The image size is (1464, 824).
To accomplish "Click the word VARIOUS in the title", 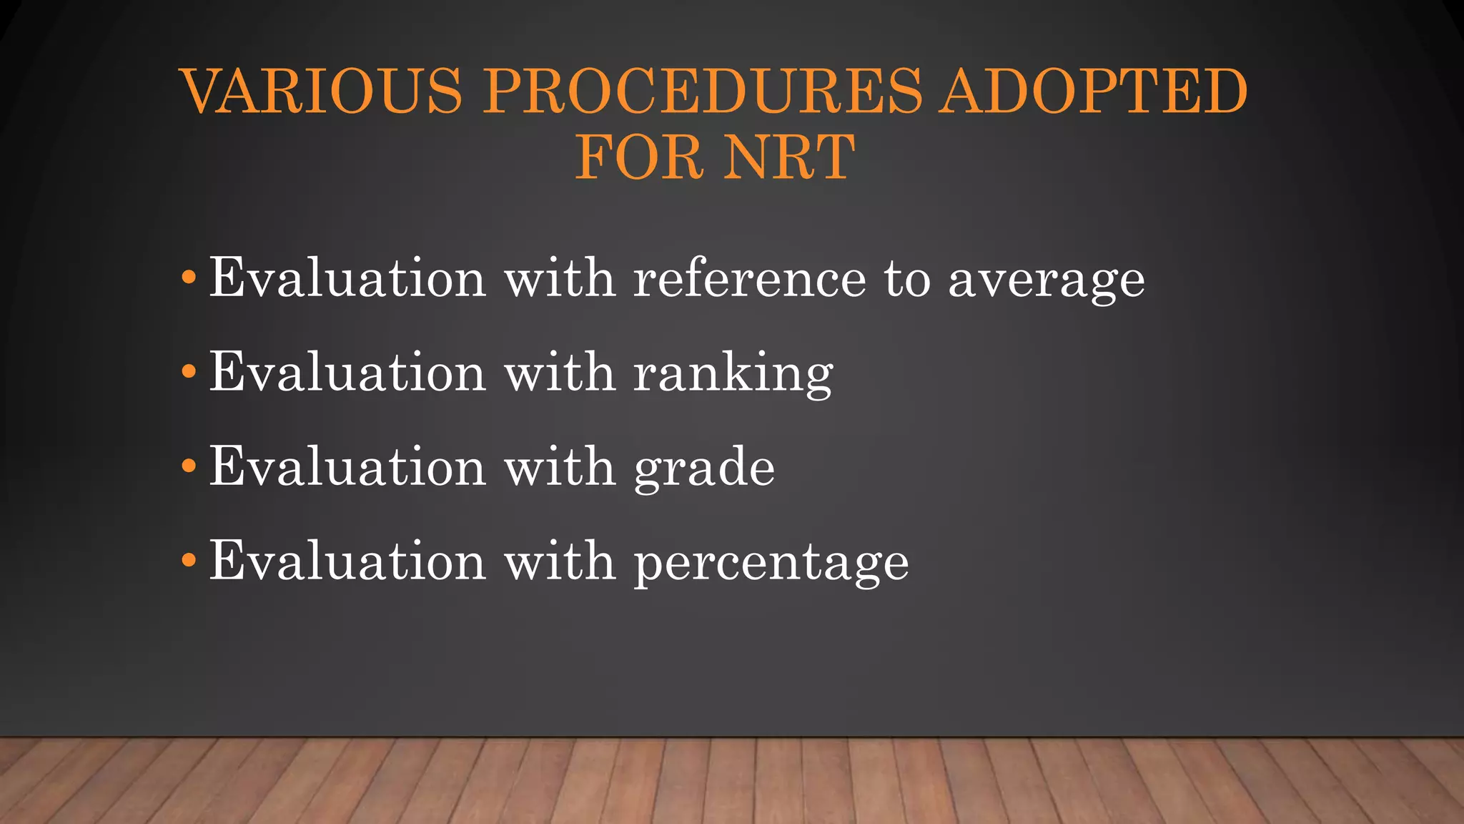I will (x=322, y=91).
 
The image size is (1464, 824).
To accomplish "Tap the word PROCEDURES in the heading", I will (x=703, y=91).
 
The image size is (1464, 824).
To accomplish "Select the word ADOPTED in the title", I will (x=1094, y=91).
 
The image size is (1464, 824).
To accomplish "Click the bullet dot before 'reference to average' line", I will (x=189, y=277).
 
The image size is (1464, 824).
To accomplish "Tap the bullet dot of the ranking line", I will (x=189, y=371).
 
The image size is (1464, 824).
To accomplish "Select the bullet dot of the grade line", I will (x=189, y=466).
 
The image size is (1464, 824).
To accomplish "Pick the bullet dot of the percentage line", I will (x=189, y=560).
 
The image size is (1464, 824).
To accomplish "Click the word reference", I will (x=750, y=278).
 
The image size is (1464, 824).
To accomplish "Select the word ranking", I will (x=733, y=373).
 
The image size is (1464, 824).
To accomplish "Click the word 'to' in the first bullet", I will (x=907, y=278).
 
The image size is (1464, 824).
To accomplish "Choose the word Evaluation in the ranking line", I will (x=348, y=372).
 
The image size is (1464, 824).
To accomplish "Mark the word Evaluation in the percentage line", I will (x=348, y=561).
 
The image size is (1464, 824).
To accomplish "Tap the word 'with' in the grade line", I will (x=560, y=466).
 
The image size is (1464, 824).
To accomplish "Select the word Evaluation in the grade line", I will (x=348, y=466).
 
